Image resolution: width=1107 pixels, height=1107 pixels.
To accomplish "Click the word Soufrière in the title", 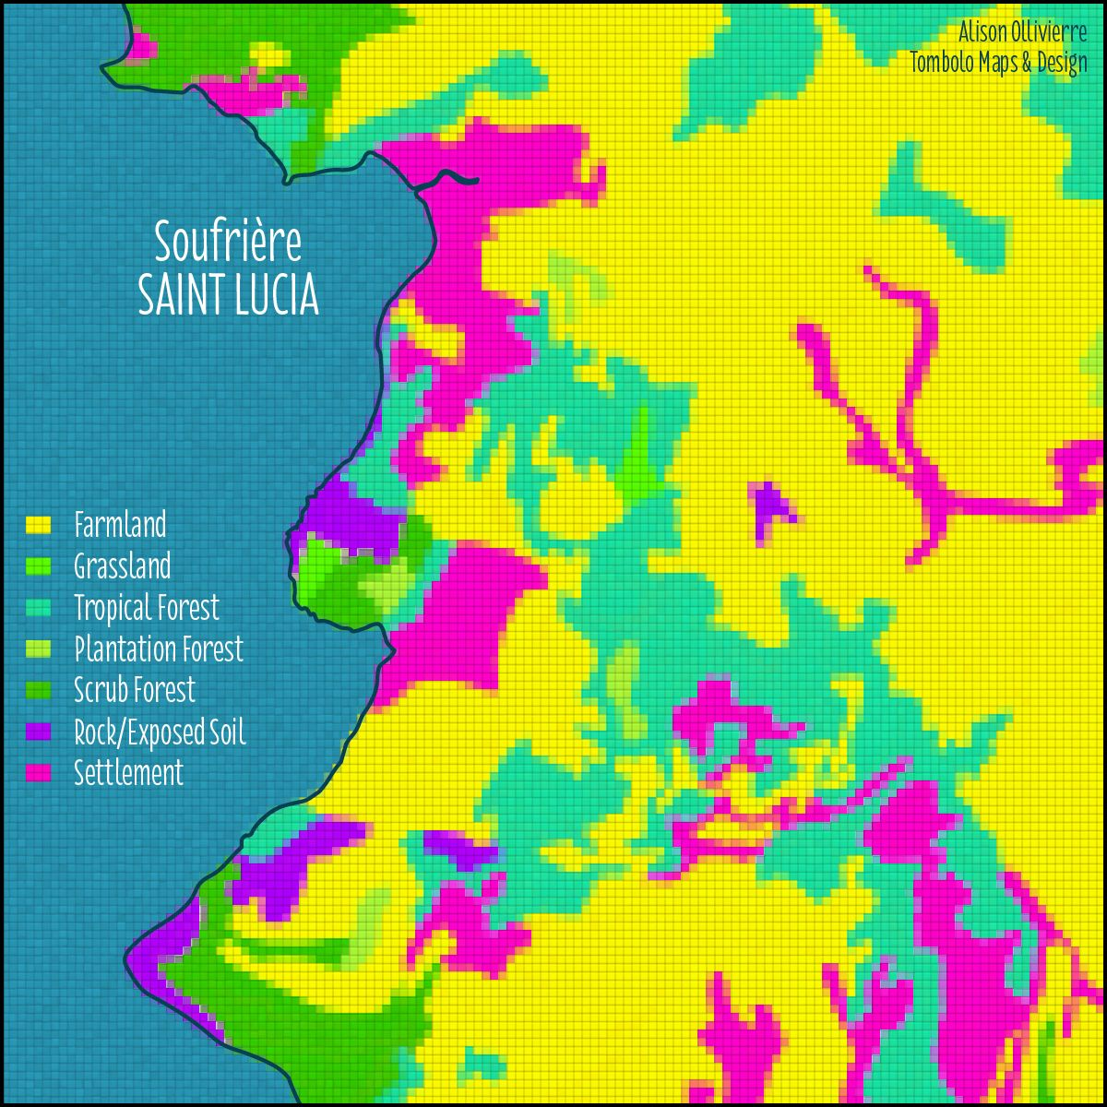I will pos(228,243).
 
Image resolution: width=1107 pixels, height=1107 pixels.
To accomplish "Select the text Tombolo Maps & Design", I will pos(998,64).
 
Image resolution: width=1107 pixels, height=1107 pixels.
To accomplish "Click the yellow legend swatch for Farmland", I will pos(37,525).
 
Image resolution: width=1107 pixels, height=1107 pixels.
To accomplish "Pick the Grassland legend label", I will pos(122,565).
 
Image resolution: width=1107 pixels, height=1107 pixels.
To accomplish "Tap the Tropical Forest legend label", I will pos(147,608).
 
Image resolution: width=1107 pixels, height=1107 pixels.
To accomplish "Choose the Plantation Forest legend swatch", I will pos(37,649).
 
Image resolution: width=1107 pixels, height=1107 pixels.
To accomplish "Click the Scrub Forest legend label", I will pos(135,690).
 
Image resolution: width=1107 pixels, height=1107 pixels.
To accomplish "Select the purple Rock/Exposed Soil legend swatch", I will pos(37,732).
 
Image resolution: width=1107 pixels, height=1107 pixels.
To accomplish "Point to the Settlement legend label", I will pos(128,773).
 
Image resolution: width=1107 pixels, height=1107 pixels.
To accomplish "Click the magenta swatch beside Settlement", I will pos(37,773).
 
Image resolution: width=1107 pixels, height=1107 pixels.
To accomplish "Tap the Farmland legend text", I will pos(120,525).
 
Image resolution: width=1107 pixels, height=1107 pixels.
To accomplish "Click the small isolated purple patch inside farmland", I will pos(768,506).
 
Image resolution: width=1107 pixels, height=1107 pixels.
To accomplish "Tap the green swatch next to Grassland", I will pos(37,566).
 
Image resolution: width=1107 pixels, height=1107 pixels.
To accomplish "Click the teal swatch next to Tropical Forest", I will pos(37,608).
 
